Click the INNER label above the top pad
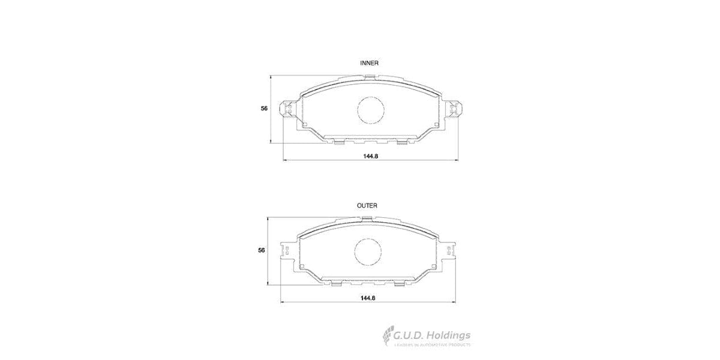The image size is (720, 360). click(369, 63)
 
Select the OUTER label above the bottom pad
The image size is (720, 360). click(367, 205)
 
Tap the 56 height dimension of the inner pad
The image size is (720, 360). click(264, 109)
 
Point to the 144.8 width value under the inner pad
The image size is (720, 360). click(370, 156)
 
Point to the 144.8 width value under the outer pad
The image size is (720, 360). click(368, 298)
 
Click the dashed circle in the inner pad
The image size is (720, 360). click(370, 110)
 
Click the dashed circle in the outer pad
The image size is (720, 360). click(368, 251)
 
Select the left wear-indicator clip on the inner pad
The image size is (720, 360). click(289, 110)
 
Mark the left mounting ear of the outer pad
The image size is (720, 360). click(286, 251)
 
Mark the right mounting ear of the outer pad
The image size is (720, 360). click(449, 251)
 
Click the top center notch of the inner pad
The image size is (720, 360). click(370, 76)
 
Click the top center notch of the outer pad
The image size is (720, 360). click(368, 217)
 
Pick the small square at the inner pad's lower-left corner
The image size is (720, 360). click(304, 125)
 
